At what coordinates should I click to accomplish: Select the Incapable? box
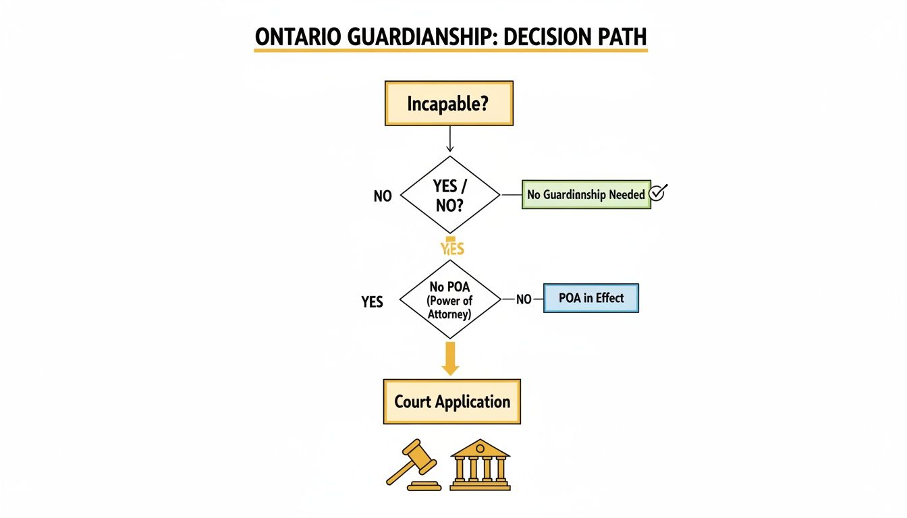(449, 104)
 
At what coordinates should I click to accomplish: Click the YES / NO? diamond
(450, 196)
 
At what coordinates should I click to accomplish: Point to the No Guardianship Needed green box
(586, 194)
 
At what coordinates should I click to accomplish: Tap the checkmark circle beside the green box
(657, 194)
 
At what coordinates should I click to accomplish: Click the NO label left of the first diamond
(383, 196)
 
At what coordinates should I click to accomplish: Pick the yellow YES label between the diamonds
(451, 248)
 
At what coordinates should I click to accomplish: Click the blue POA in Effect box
(591, 298)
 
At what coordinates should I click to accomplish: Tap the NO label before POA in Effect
(524, 299)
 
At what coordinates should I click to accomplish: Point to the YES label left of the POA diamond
(373, 301)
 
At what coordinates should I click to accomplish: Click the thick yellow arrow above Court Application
(450, 358)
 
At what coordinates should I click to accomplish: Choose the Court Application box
(452, 402)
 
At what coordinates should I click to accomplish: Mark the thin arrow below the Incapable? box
(449, 139)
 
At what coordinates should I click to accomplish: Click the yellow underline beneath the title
(450, 51)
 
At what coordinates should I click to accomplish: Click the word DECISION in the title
(543, 38)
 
